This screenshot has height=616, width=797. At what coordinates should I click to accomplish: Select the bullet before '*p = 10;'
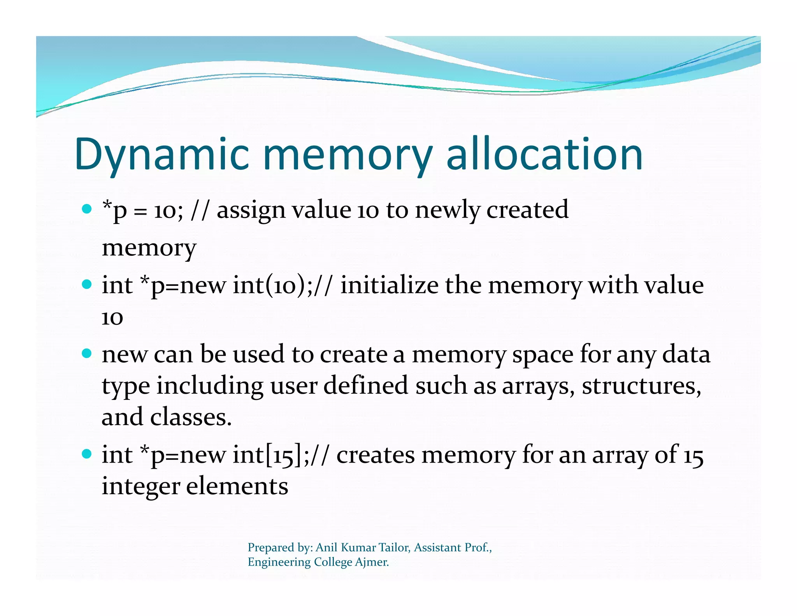87,209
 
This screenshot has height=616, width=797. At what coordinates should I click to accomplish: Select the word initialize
389,285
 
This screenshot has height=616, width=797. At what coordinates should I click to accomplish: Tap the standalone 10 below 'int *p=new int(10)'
112,318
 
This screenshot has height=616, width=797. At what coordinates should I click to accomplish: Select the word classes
191,417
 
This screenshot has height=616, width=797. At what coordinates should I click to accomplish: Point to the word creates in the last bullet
376,455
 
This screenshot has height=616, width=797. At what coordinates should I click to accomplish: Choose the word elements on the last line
237,486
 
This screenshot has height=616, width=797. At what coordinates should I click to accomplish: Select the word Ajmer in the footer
372,562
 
